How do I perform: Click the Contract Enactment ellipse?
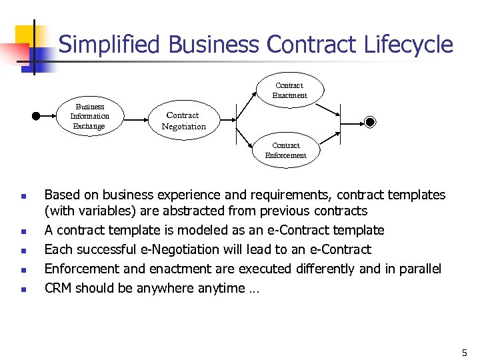(289, 90)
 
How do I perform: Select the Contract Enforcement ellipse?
(286, 150)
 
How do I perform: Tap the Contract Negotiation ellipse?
(183, 121)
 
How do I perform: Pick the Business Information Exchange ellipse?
(90, 116)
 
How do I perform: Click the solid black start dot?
(36, 115)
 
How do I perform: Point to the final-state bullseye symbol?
(371, 121)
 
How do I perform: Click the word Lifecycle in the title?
(409, 45)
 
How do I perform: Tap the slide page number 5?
(465, 351)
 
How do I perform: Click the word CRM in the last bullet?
(58, 288)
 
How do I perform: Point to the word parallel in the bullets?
(417, 269)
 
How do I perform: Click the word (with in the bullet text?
(58, 211)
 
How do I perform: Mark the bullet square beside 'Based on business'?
(23, 197)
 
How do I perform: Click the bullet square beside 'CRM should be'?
(23, 290)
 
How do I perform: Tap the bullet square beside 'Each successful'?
(23, 251)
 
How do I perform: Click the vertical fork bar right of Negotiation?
(236, 121)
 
